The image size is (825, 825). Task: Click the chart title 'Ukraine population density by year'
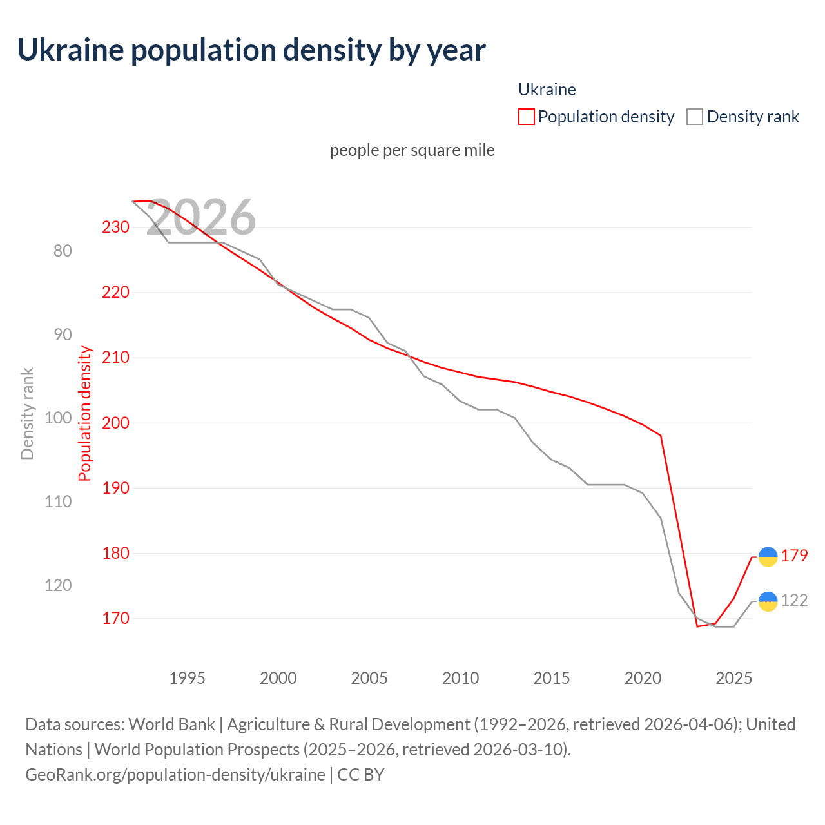(251, 50)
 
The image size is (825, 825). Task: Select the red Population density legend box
(527, 117)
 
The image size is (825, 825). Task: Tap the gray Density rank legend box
(694, 117)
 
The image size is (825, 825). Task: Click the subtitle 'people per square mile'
(412, 150)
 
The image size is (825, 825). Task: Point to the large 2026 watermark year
(201, 217)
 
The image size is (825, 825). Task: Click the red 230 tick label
(115, 227)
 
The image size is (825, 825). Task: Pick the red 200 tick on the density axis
(115, 423)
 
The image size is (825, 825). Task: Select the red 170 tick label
(115, 618)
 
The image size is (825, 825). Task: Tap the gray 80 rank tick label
(63, 251)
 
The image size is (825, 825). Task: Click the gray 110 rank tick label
(58, 501)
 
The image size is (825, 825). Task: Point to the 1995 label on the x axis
(187, 678)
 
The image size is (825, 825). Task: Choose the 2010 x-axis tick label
(460, 678)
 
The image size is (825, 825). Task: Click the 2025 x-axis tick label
(733, 678)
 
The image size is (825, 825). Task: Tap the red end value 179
(794, 556)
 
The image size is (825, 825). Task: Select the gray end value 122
(794, 600)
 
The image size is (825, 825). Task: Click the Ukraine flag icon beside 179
(768, 557)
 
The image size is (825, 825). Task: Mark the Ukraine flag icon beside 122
(768, 601)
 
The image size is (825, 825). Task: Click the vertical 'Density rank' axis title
(27, 414)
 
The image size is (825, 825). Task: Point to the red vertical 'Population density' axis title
(85, 414)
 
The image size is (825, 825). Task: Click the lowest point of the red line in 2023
(697, 626)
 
